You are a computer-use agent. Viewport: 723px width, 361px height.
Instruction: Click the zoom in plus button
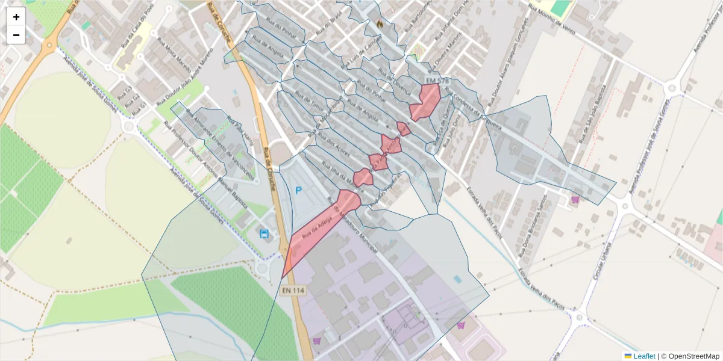[16, 17]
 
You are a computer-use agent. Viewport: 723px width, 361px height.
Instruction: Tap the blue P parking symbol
[298, 190]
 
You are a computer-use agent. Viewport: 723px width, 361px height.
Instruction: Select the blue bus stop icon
[264, 233]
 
